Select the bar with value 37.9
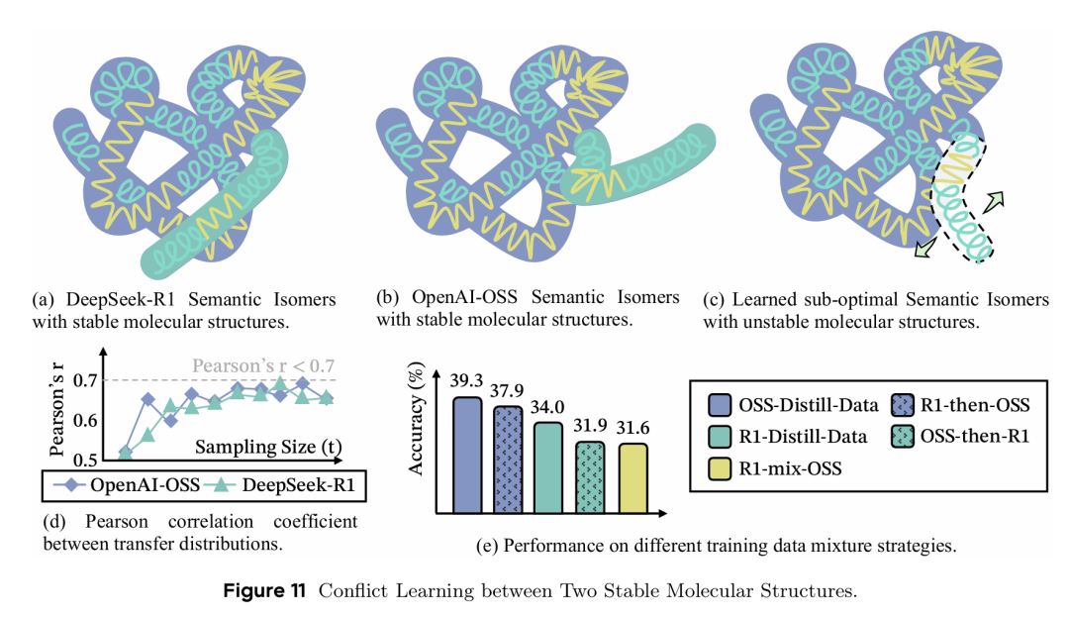click(x=507, y=461)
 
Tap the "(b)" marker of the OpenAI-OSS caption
click(x=388, y=297)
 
